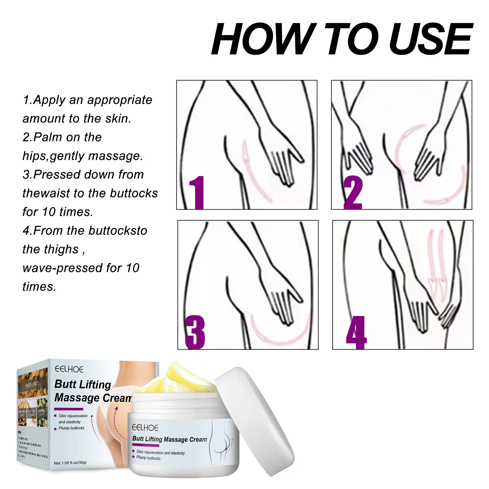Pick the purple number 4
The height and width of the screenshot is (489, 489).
tap(356, 333)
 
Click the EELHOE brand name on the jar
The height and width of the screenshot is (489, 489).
tap(145, 428)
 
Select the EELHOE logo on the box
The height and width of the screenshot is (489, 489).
tap(69, 369)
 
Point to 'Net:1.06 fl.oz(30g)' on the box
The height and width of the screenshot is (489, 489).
tap(70, 463)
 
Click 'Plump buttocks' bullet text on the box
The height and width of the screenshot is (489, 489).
tap(72, 428)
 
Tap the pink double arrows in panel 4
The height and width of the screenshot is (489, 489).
tap(436, 263)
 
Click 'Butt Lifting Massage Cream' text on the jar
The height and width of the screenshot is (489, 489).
tap(169, 439)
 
